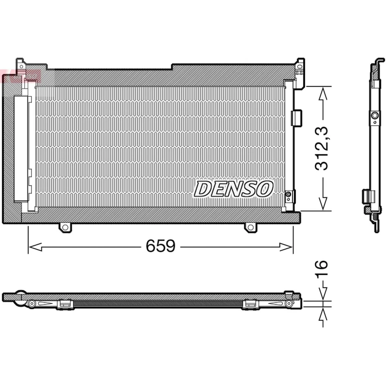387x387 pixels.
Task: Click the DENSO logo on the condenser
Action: pos(234,189)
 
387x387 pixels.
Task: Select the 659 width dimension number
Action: pos(160,246)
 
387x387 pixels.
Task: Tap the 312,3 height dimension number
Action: pos(322,148)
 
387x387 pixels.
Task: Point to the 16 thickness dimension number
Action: pos(321,270)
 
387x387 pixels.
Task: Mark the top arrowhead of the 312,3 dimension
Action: pos(322,94)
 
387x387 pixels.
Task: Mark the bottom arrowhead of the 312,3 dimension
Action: pos(322,204)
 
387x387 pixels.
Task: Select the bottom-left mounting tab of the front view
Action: pos(65,228)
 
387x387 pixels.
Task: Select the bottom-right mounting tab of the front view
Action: pos(250,228)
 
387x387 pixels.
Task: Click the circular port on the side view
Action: pos(375,116)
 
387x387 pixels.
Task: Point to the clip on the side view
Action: pos(367,197)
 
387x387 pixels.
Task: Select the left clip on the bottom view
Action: pos(65,304)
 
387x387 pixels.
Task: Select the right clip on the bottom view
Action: pos(250,304)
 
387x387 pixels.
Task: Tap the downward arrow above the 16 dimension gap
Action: pos(322,293)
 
